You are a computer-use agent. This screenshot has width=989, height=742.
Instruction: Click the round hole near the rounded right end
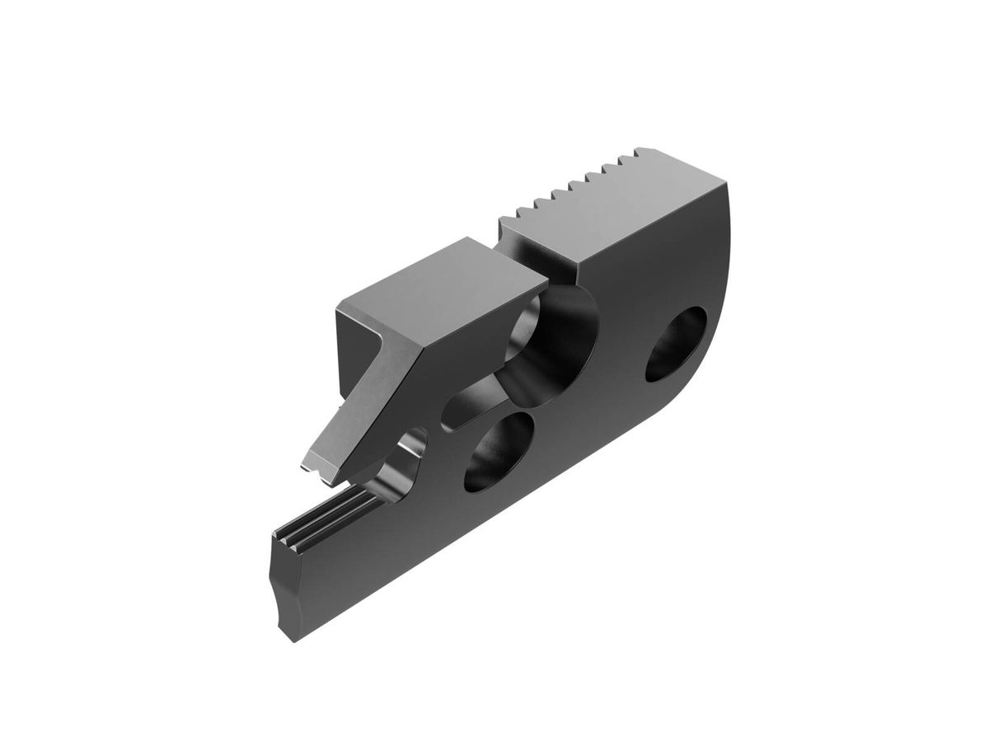676,344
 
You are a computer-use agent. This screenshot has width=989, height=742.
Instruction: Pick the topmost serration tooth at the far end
647,150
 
